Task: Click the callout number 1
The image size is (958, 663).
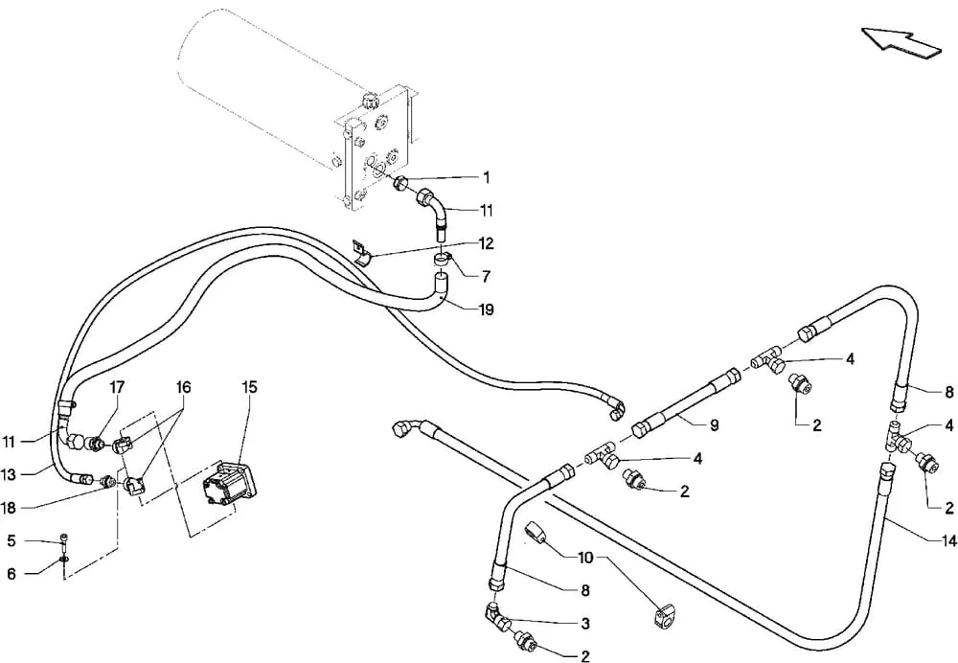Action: pyautogui.click(x=487, y=177)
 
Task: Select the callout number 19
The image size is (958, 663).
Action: pyautogui.click(x=486, y=309)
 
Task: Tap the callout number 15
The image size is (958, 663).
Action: pyautogui.click(x=249, y=387)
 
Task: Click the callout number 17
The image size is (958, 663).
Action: pyautogui.click(x=117, y=387)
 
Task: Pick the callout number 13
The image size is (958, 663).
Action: pyautogui.click(x=9, y=474)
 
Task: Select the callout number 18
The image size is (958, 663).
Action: pyautogui.click(x=9, y=507)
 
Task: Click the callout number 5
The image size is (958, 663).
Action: pyautogui.click(x=11, y=540)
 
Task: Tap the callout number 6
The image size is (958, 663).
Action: pyautogui.click(x=11, y=574)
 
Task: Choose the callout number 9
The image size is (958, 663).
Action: pyautogui.click(x=715, y=424)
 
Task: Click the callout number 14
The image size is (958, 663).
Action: pyautogui.click(x=948, y=540)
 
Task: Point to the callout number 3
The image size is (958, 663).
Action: pyautogui.click(x=584, y=624)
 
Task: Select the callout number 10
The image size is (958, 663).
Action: pyautogui.click(x=585, y=558)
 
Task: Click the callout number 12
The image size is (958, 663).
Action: pyautogui.click(x=486, y=243)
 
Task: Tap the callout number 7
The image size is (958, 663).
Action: pyautogui.click(x=486, y=277)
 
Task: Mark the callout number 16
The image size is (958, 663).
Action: pyautogui.click(x=183, y=387)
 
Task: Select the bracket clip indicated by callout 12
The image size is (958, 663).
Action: pyautogui.click(x=363, y=253)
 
